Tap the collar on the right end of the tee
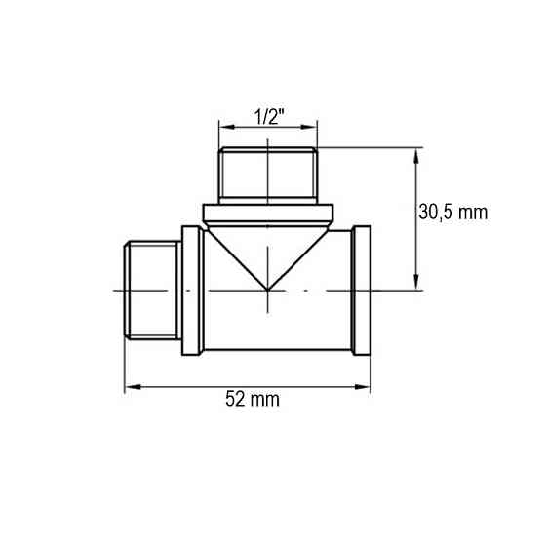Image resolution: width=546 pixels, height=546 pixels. (361, 290)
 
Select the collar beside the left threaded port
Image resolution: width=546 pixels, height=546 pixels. (192, 290)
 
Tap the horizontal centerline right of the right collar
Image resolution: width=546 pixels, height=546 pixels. (395, 290)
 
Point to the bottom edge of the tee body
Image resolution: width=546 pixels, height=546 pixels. (278, 352)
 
